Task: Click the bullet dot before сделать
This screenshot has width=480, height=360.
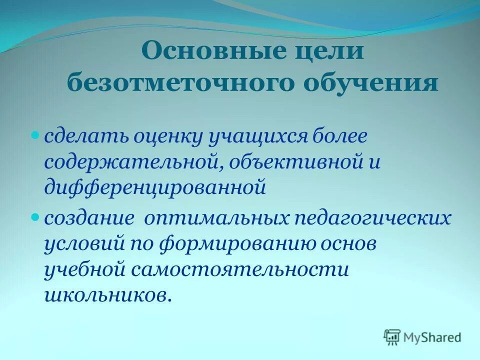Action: pos(35,135)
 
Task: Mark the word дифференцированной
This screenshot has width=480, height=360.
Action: pos(153,187)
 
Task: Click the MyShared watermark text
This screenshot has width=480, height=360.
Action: pos(433,337)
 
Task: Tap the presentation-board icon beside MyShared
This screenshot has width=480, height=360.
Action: pos(392,338)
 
